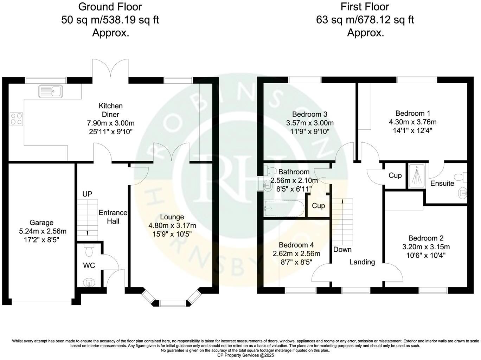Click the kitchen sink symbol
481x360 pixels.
[51, 91]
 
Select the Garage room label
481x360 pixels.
[41, 223]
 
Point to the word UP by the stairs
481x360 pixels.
[88, 194]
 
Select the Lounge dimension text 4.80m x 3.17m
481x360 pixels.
[172, 225]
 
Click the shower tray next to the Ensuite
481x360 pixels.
[417, 175]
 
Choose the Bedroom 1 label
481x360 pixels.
[413, 113]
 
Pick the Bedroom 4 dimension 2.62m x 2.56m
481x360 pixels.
[296, 253]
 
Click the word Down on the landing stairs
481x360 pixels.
[342, 250]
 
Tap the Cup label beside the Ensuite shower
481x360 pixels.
[395, 175]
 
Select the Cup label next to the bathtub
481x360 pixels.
[319, 206]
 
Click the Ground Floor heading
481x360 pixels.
[110, 7]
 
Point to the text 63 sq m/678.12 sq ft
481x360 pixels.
[365, 20]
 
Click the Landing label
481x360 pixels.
[362, 262]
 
